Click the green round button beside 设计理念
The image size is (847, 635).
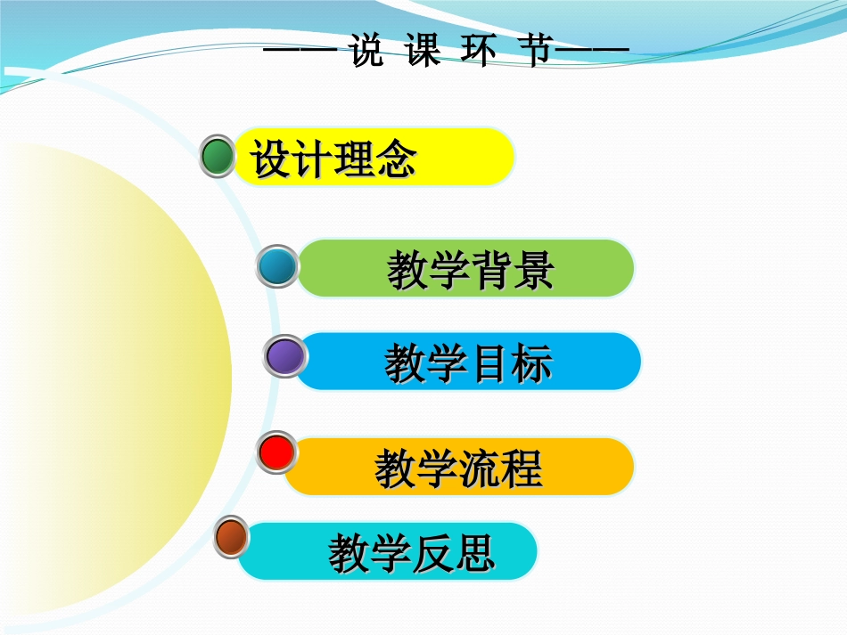coord(217,156)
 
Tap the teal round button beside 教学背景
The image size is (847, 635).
coord(276,266)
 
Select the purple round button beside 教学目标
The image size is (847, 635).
coord(285,356)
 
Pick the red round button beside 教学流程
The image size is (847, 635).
coord(276,452)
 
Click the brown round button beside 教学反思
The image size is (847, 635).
coord(233,537)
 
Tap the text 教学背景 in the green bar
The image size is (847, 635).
coord(470,270)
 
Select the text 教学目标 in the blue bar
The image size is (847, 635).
coord(468,363)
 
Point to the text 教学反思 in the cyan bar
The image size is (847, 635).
coord(411,553)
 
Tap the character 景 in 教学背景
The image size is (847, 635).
coord(533,270)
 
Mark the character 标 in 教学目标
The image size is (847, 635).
coord(531,363)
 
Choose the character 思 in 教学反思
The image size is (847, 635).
coord(473,553)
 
